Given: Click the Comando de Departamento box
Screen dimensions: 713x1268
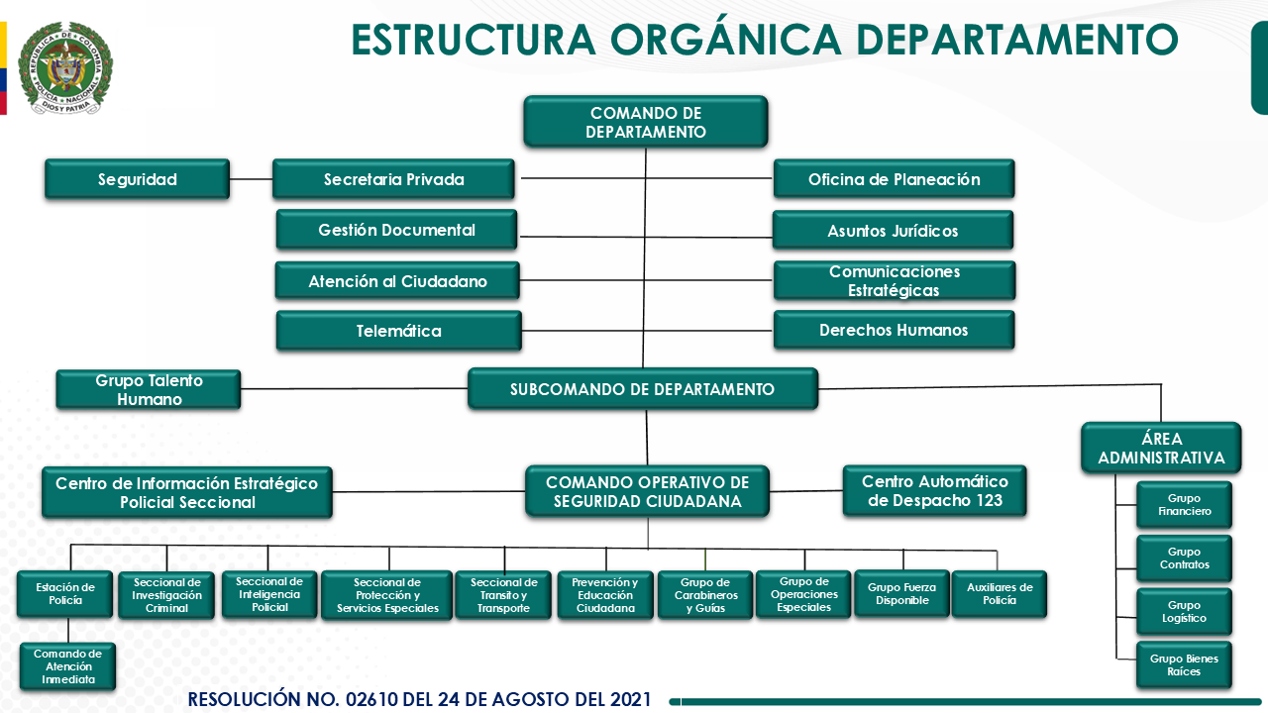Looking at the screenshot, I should pyautogui.click(x=646, y=121).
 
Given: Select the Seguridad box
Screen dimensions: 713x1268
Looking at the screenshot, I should pyautogui.click(x=137, y=179).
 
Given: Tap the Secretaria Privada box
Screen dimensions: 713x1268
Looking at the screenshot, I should pyautogui.click(x=393, y=179).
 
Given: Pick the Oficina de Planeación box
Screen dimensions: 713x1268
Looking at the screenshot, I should pyautogui.click(x=894, y=179).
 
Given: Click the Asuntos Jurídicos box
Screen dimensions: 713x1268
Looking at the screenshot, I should pyautogui.click(x=893, y=231).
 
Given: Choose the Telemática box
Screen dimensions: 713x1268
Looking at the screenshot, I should pyautogui.click(x=398, y=331).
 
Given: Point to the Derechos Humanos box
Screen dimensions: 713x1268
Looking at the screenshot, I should pyautogui.click(x=894, y=330).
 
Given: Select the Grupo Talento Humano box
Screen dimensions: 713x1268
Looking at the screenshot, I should pyautogui.click(x=149, y=389).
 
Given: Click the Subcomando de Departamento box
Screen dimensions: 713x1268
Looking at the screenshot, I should pyautogui.click(x=642, y=389).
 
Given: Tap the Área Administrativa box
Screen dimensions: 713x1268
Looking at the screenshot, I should pyautogui.click(x=1161, y=448).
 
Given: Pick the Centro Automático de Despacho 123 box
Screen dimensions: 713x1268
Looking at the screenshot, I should pyautogui.click(x=934, y=491).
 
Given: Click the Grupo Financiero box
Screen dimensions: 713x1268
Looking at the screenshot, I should pyautogui.click(x=1184, y=505).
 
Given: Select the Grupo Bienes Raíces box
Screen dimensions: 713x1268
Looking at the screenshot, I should pyautogui.click(x=1184, y=664).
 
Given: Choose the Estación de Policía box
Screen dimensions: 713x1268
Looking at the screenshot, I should pyautogui.click(x=64, y=594).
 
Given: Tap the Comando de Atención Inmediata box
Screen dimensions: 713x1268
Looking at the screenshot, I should pyautogui.click(x=67, y=666).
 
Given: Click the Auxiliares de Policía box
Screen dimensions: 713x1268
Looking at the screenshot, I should pyautogui.click(x=999, y=594).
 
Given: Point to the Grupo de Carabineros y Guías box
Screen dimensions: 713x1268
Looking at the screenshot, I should pyautogui.click(x=705, y=595).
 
